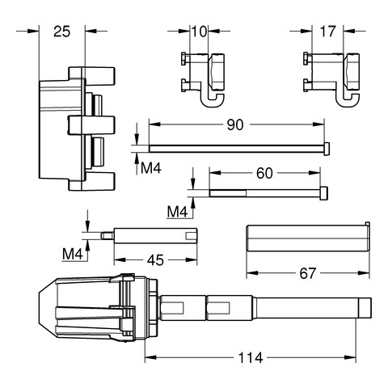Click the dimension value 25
(x=61, y=32)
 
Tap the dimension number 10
(x=200, y=32)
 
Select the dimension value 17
(x=327, y=32)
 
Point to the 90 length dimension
(x=235, y=124)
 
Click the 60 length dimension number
(x=264, y=173)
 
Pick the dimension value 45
(x=155, y=260)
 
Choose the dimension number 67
(x=307, y=273)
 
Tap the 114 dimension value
(x=251, y=358)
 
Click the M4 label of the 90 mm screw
(x=151, y=168)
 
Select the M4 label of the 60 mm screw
(x=177, y=212)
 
